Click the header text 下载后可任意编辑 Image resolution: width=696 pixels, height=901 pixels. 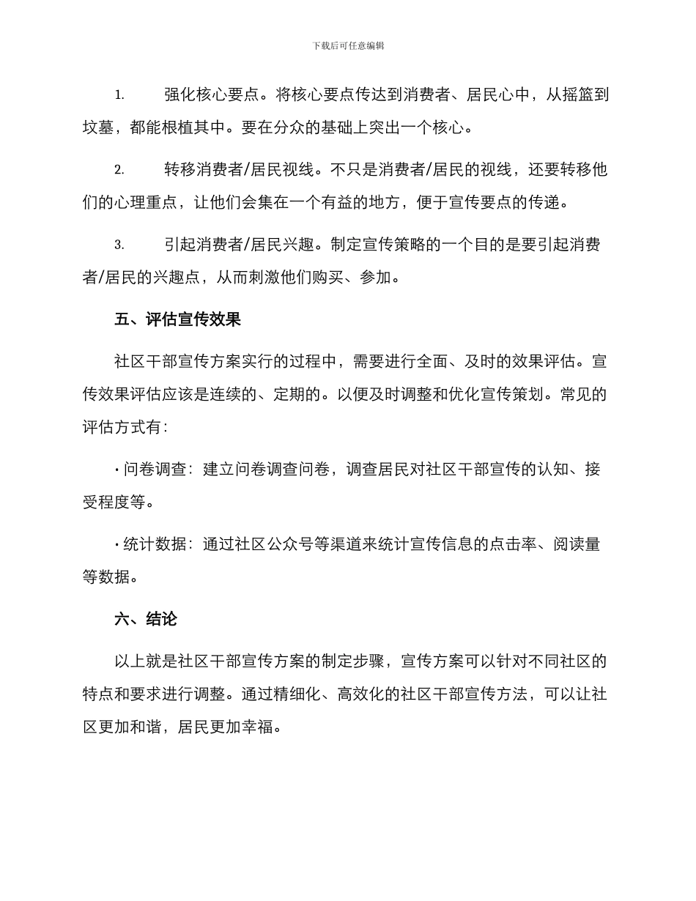(348, 45)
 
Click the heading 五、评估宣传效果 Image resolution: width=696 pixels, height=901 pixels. (178, 320)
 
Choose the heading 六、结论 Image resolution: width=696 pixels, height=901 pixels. (146, 619)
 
